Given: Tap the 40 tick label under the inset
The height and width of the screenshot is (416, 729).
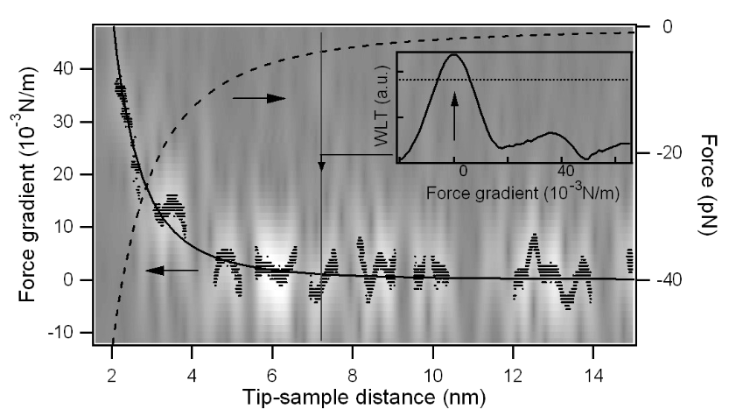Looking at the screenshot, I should (564, 175).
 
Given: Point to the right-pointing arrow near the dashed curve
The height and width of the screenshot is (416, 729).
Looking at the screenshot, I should (259, 99).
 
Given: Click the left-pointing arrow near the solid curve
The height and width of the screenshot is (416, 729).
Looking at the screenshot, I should (172, 271).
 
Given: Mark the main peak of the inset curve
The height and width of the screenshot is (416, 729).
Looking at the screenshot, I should (453, 55).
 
